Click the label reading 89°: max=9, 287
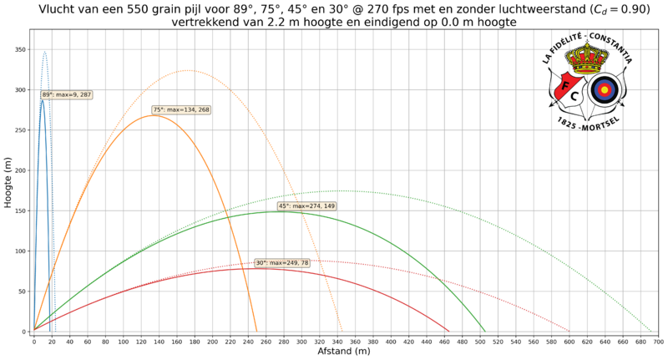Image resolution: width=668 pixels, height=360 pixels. pos(67,94)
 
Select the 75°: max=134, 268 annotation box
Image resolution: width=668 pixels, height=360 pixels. pos(181,109)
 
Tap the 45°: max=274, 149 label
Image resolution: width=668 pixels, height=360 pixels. pos(307,205)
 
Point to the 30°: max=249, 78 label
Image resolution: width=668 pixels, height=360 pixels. pos(282,263)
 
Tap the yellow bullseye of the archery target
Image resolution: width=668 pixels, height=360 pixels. pos(604,89)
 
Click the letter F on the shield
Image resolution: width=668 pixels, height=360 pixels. pos(564,84)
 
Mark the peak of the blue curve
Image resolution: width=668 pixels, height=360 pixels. pos(44,52)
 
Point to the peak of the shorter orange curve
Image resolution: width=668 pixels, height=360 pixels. pos(152,115)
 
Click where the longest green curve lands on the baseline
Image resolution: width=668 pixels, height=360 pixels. pos(652,331)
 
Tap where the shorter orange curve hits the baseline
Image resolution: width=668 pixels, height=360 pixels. pos(258,331)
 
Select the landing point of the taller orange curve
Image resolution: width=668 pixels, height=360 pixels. pos(342,331)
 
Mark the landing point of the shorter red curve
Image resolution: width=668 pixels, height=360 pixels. pos(449,331)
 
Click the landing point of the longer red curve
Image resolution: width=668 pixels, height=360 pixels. pos(569,331)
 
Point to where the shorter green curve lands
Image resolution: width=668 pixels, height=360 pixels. pos(485,331)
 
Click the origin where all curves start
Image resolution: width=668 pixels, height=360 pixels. pos(33,331)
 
